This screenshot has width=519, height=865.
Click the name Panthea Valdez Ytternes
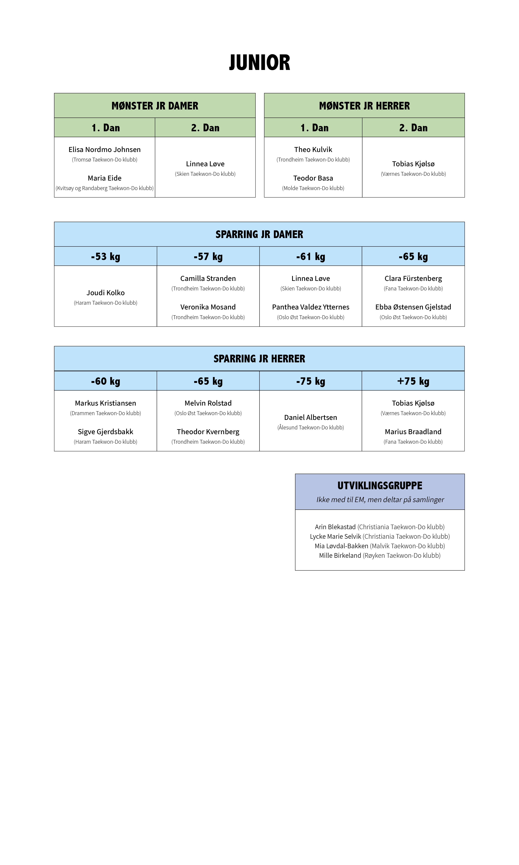310,307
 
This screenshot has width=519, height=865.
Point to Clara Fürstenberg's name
413,279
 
